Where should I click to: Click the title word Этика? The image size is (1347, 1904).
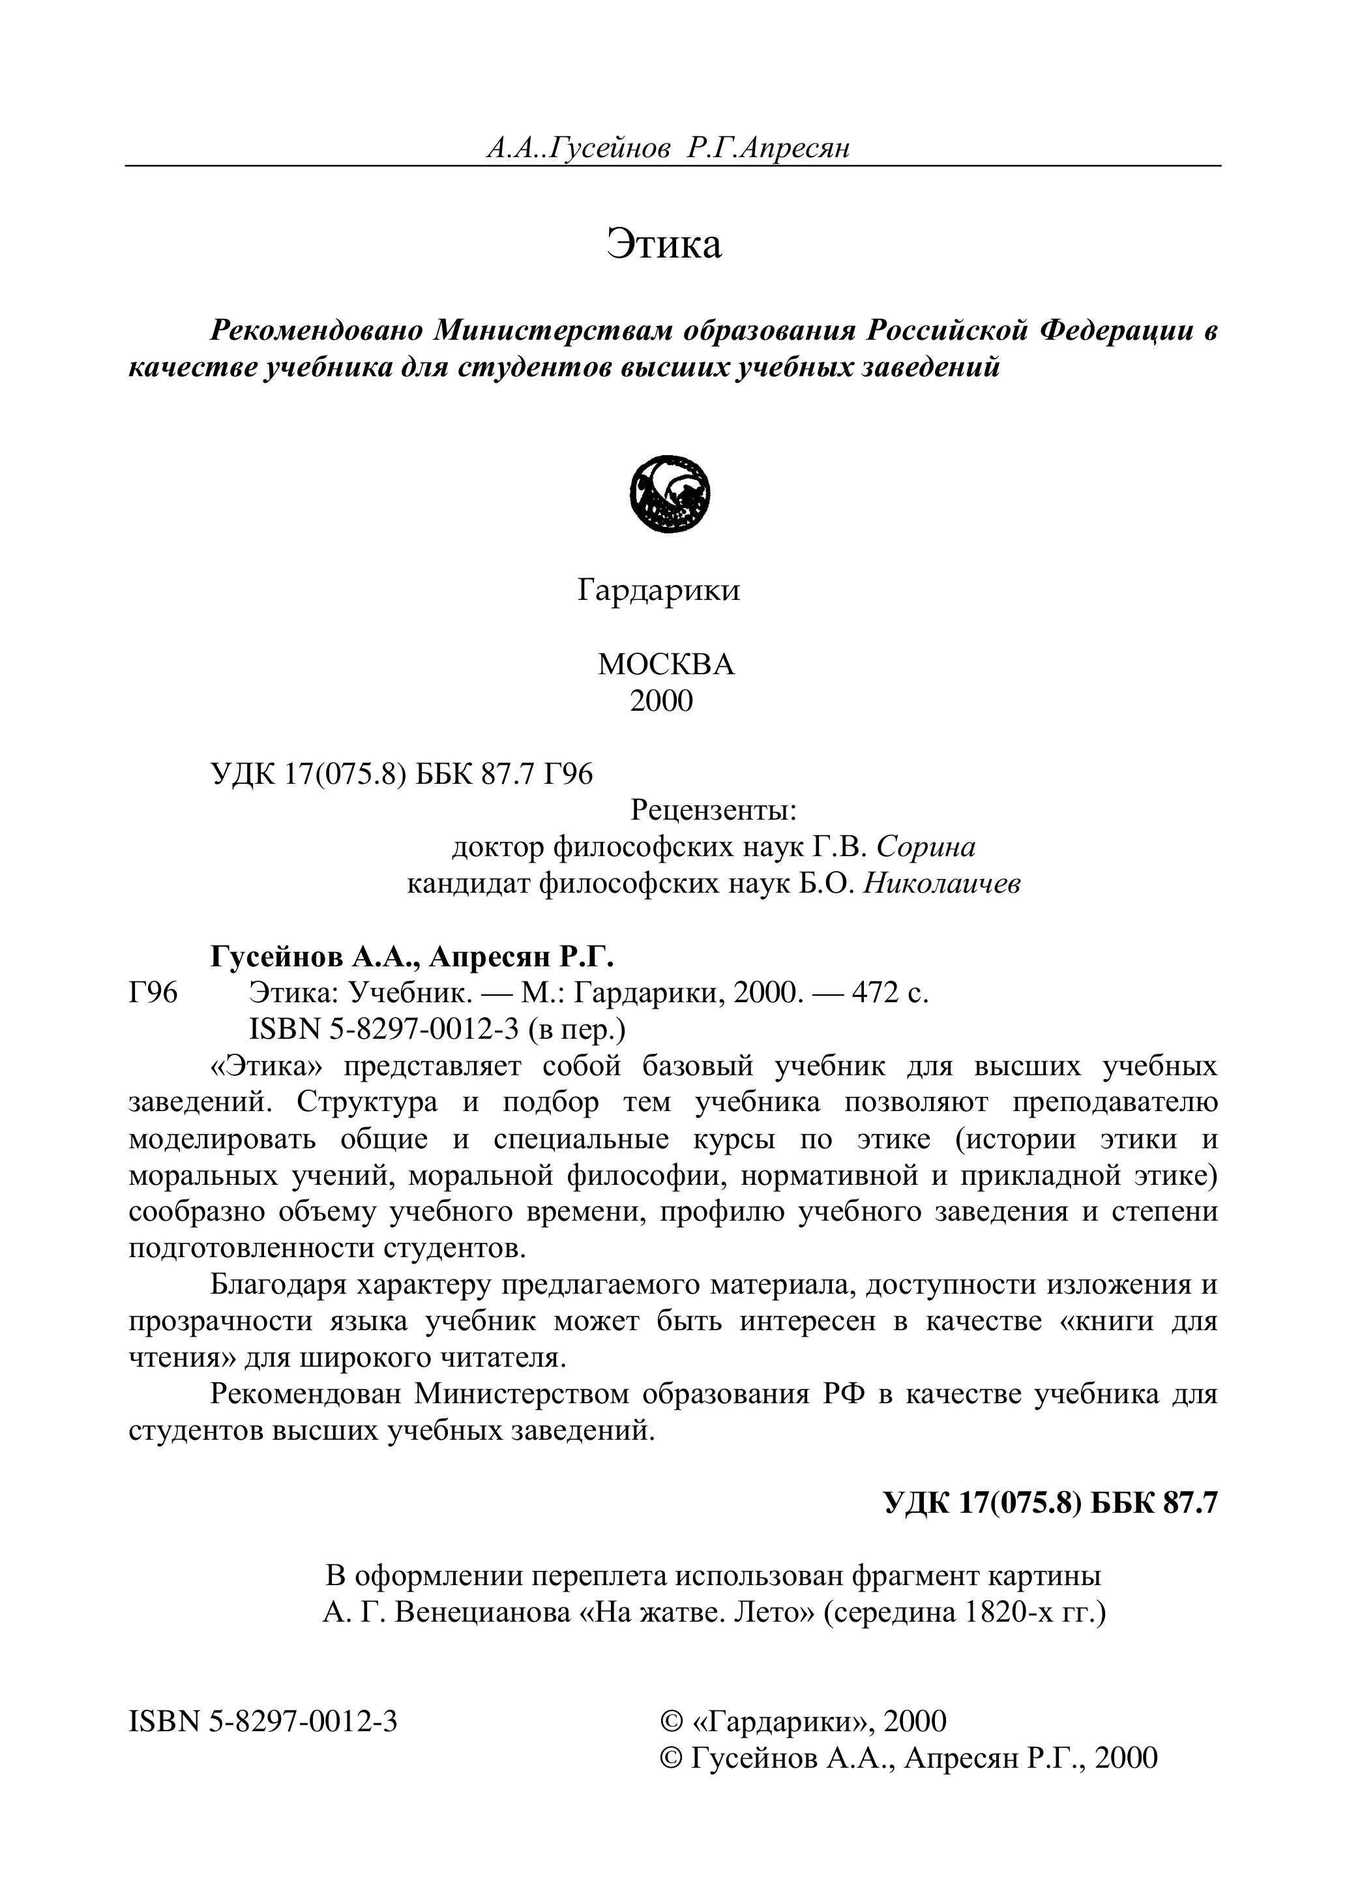click(x=664, y=245)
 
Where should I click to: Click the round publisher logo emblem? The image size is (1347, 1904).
click(x=670, y=496)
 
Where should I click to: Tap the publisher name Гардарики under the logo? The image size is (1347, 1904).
click(x=659, y=591)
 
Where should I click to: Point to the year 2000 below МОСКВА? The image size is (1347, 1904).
click(x=661, y=702)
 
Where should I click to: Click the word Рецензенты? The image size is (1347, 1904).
click(x=713, y=811)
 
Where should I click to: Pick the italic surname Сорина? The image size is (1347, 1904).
click(x=926, y=846)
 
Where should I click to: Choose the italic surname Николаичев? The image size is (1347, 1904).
click(x=941, y=884)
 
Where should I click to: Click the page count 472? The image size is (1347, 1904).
click(x=871, y=992)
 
